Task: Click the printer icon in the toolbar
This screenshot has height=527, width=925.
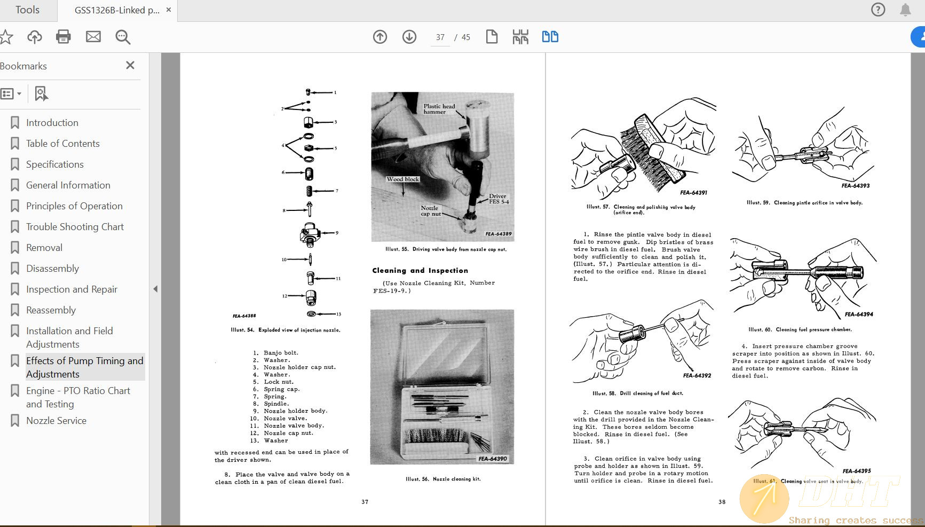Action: pyautogui.click(x=64, y=37)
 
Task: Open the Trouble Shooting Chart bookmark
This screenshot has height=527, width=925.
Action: pyautogui.click(x=75, y=227)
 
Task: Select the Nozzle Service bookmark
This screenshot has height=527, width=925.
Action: pyautogui.click(x=56, y=421)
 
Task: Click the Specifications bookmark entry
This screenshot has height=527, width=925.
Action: pyautogui.click(x=54, y=164)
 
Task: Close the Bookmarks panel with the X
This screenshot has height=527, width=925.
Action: pyautogui.click(x=130, y=65)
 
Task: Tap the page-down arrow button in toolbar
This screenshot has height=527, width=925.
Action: pyautogui.click(x=409, y=37)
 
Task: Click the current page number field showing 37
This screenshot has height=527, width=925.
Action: pyautogui.click(x=440, y=37)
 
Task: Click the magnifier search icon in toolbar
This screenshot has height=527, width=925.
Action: pyautogui.click(x=123, y=37)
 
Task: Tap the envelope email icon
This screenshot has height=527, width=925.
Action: pyautogui.click(x=93, y=37)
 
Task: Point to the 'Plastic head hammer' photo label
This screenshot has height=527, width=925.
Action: pyautogui.click(x=439, y=109)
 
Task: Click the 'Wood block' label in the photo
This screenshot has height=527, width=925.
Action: pyautogui.click(x=403, y=179)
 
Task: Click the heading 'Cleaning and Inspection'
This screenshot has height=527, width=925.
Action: pyautogui.click(x=420, y=271)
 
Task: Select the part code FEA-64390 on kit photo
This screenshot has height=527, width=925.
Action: pyautogui.click(x=493, y=459)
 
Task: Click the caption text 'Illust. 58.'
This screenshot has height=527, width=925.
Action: pyautogui.click(x=603, y=394)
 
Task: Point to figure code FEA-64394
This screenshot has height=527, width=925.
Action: pyautogui.click(x=859, y=314)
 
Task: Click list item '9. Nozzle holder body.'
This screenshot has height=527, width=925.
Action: pyautogui.click(x=290, y=411)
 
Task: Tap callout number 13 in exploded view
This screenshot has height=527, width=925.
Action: pyautogui.click(x=338, y=314)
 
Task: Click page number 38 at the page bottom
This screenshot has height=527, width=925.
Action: pyautogui.click(x=722, y=502)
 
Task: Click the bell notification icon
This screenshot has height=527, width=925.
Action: pyautogui.click(x=905, y=10)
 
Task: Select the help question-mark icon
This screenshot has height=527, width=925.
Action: pyautogui.click(x=878, y=10)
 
